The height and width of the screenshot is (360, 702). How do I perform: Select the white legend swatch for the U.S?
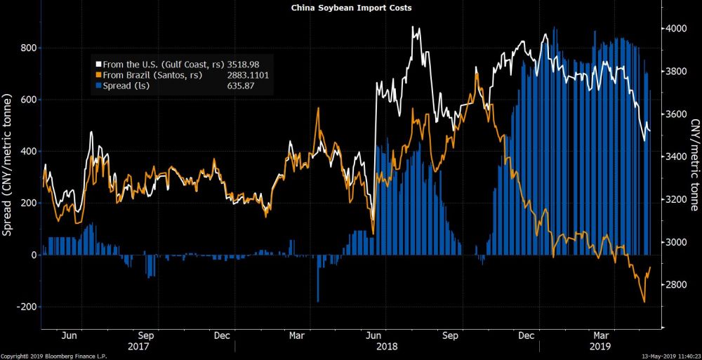(100, 63)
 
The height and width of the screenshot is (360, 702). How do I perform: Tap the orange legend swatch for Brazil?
(100, 74)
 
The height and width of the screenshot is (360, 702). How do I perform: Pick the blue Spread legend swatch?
(100, 86)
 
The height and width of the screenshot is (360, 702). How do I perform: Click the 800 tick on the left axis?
(27, 48)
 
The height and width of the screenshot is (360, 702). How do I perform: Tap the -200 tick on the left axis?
(25, 307)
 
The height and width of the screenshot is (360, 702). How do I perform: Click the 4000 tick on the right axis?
(675, 29)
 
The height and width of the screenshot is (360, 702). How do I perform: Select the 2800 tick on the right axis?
(675, 285)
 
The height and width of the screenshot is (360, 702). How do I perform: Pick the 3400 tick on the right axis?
(675, 156)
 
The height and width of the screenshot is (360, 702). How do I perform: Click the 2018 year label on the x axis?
(387, 346)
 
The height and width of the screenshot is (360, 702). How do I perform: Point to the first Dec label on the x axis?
(222, 335)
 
